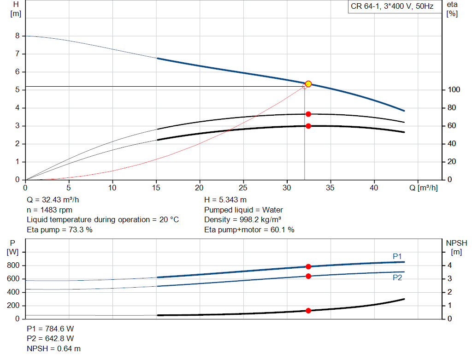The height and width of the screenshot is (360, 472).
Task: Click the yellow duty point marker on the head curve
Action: (308, 84)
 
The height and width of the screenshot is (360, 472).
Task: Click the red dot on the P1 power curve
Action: (308, 267)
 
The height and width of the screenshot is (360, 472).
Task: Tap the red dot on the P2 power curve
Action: (308, 276)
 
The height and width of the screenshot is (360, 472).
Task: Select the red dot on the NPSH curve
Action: (308, 311)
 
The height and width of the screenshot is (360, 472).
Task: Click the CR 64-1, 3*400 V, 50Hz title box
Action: (392, 6)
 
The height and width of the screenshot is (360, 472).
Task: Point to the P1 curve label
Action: (397, 256)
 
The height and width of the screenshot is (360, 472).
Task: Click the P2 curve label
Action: (397, 277)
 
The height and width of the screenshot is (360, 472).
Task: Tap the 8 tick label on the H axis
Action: (18, 36)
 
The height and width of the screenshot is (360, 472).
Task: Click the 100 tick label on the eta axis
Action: (454, 90)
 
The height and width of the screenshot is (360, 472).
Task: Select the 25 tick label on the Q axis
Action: (243, 188)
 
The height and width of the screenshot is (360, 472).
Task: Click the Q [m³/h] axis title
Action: (424, 188)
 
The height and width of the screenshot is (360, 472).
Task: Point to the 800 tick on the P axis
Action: (13, 266)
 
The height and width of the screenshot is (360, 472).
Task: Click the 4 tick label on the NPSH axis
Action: (449, 266)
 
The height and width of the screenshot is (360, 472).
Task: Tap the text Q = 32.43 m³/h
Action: (53, 200)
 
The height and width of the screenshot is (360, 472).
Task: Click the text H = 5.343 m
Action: (225, 200)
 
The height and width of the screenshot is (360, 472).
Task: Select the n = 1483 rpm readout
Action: (50, 210)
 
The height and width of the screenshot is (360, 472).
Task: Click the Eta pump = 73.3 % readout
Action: (59, 230)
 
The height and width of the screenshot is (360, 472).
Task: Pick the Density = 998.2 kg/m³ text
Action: (243, 220)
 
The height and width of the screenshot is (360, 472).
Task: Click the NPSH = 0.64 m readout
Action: (54, 348)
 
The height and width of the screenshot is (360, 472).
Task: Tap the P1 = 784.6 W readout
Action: (50, 329)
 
